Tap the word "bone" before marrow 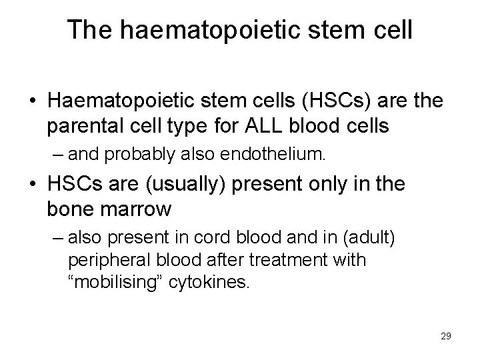coord(69,209)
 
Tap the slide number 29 coord(445,336)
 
